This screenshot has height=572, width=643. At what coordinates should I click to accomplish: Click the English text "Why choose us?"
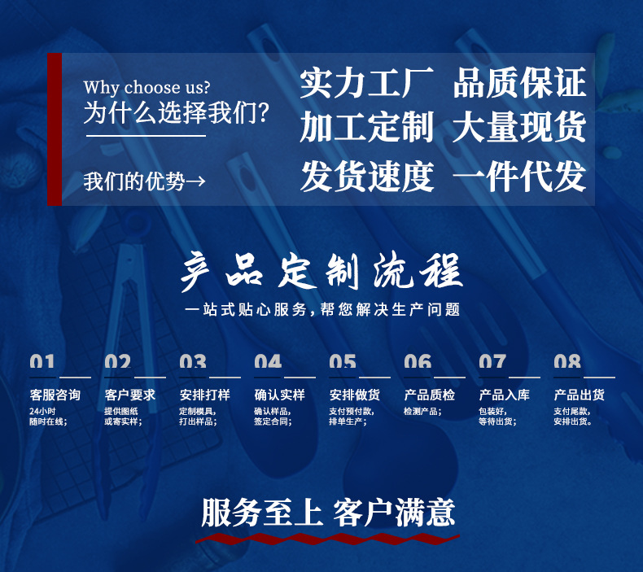(147, 87)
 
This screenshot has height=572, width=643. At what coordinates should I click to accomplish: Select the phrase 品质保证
(518, 83)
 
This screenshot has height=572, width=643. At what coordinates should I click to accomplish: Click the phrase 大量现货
(518, 129)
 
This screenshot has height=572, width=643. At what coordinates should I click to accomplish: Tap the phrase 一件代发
(518, 177)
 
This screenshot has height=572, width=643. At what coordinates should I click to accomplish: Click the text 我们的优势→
(145, 181)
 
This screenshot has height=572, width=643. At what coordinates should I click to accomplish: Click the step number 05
(343, 363)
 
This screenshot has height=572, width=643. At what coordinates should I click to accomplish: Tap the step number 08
(567, 363)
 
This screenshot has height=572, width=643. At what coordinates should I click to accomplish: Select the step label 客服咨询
(55, 395)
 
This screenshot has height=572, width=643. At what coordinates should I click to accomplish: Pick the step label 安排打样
(204, 395)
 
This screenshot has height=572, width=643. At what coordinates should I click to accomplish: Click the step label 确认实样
(279, 395)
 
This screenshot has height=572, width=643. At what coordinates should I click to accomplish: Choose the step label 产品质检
(429, 395)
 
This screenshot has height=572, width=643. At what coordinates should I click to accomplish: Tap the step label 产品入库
(504, 395)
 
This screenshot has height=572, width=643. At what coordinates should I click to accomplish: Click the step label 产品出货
(579, 395)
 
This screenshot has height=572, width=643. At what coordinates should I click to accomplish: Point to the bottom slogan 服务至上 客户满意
(328, 513)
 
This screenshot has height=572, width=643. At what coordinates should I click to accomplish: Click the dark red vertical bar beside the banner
(55, 129)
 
